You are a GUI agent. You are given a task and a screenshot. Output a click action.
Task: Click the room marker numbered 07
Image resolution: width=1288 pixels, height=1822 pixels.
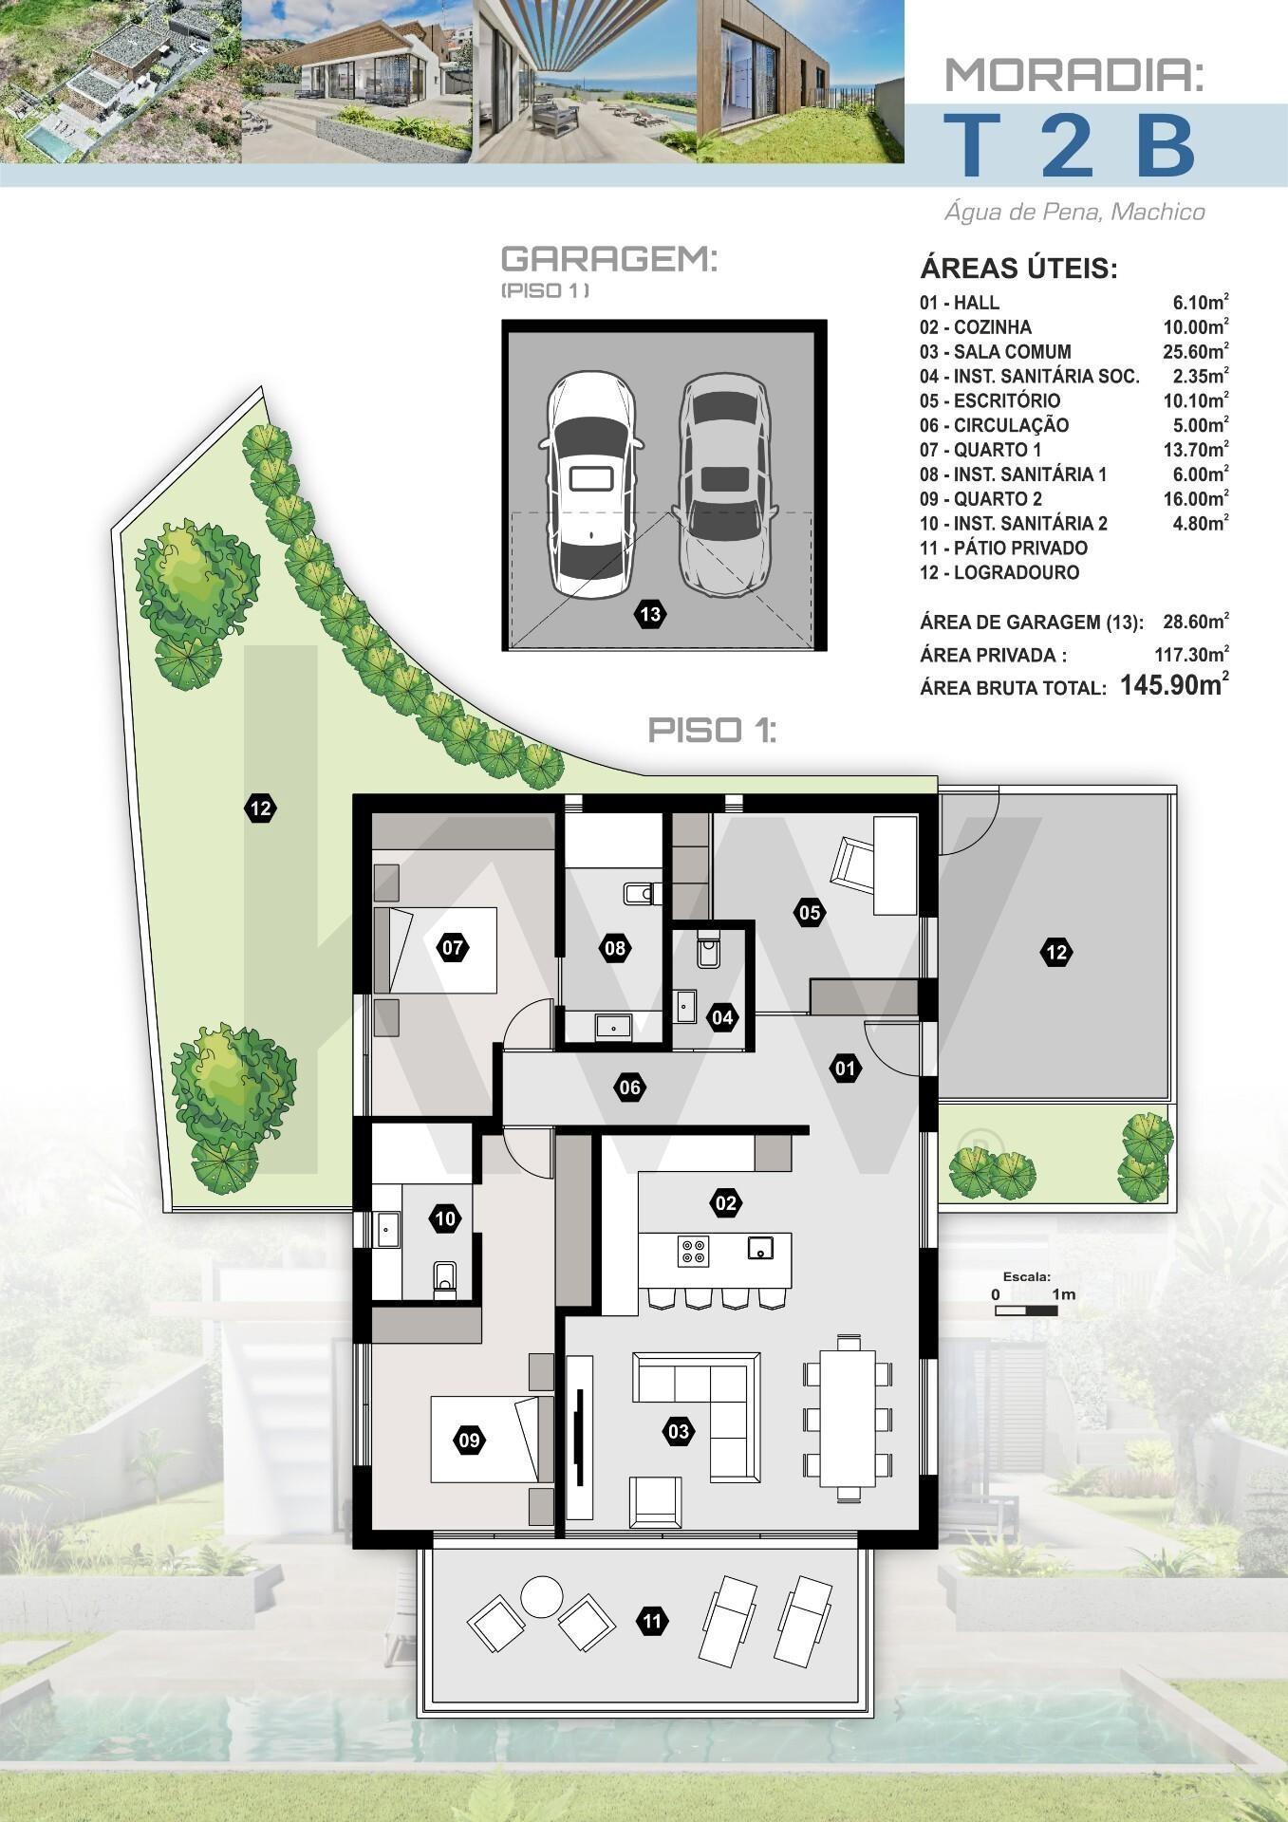click(452, 947)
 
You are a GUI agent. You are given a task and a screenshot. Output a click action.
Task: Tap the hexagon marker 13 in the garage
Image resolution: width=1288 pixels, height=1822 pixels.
click(650, 614)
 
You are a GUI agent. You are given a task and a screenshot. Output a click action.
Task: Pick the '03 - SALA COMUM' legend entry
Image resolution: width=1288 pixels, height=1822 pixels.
click(996, 352)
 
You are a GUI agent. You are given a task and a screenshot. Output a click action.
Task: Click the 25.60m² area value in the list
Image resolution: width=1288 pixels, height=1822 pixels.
click(1196, 351)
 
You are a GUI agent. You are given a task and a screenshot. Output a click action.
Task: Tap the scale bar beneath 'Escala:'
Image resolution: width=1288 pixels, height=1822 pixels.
click(1026, 1311)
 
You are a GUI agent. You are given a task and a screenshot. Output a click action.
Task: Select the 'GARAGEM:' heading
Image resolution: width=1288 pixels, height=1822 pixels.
click(608, 259)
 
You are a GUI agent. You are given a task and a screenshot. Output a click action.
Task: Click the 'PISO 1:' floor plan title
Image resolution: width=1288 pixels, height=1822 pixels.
click(712, 730)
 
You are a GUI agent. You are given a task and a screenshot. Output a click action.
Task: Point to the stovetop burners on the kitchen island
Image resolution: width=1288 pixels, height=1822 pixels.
click(693, 1252)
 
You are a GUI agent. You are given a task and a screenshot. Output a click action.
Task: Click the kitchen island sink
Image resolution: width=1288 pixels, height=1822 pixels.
click(759, 1248)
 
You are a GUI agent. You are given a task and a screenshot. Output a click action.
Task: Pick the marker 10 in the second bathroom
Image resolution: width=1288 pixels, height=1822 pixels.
click(446, 1218)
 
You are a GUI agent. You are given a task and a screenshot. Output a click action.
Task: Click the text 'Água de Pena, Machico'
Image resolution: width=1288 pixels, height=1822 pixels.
click(1074, 212)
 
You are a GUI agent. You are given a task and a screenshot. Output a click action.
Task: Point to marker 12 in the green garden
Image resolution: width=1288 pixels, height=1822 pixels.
click(261, 809)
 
